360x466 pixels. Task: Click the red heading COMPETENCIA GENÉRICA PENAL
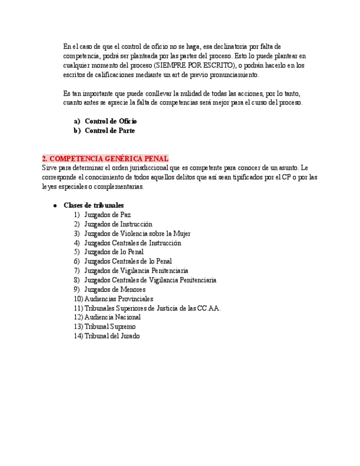[105, 159]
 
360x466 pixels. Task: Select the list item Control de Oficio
[110, 121]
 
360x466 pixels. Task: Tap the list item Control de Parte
[109, 131]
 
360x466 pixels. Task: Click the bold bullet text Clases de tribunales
[93, 206]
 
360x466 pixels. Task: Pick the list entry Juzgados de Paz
[107, 215]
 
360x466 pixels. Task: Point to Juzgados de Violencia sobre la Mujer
[137, 234]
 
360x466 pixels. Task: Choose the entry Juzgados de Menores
[114, 290]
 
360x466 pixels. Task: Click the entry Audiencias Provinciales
[118, 299]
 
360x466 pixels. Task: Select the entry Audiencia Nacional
[112, 317]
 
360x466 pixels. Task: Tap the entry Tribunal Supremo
[110, 326]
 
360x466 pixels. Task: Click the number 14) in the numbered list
[78, 336]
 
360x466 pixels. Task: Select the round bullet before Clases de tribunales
[56, 206]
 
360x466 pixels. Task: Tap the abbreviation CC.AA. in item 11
[209, 308]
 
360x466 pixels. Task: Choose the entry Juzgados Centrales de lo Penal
[128, 262]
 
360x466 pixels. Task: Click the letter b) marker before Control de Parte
[77, 131]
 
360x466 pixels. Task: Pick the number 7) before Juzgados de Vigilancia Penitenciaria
[77, 271]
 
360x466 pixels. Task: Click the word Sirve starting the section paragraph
[49, 168]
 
